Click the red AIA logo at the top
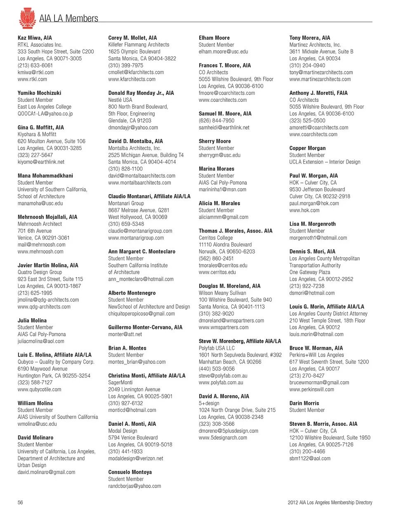[x=27, y=18]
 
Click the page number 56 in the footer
[x=20, y=502]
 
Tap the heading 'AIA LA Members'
[x=68, y=19]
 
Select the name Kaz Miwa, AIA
[x=35, y=38]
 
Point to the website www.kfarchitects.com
[x=132, y=79]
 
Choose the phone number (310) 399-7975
[x=126, y=66]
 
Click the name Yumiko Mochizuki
[x=39, y=93]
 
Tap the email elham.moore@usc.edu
[x=223, y=52]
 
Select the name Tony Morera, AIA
[x=309, y=38]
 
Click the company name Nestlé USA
[x=120, y=100]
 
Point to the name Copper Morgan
[x=307, y=148]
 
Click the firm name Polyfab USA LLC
[x=217, y=348]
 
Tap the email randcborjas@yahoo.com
[x=134, y=486]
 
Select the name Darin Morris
[x=304, y=403]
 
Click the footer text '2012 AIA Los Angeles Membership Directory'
[x=330, y=502]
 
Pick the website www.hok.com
[x=304, y=210]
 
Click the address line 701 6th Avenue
[x=35, y=231]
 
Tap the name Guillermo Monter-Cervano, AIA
[x=145, y=327]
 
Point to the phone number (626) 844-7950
[x=217, y=120]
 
